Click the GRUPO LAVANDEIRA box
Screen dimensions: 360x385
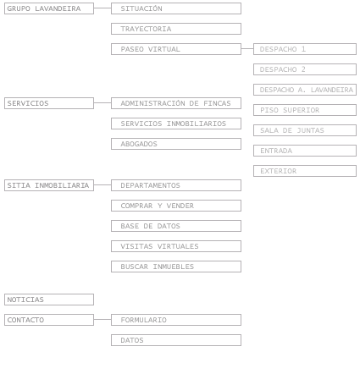[49, 8]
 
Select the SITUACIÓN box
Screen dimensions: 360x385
[176, 8]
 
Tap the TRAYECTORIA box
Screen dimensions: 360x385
[176, 29]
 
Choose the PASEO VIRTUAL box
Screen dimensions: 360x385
[176, 49]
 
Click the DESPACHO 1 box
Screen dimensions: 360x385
[305, 49]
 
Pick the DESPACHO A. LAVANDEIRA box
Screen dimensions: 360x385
[305, 90]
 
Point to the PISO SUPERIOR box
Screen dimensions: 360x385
[305, 110]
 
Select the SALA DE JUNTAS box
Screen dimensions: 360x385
[305, 130]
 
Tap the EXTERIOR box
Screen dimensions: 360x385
[305, 171]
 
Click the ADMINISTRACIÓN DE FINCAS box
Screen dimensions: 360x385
[176, 103]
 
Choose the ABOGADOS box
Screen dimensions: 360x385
[176, 144]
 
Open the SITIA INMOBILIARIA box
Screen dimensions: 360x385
[49, 185]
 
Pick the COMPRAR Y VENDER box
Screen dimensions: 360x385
[176, 206]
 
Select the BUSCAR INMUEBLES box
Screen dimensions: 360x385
[176, 267]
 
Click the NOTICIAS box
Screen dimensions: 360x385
[49, 300]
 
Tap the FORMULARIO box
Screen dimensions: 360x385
[176, 320]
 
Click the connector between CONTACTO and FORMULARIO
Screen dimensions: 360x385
[102, 320]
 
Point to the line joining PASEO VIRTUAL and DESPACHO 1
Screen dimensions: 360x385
[247, 49]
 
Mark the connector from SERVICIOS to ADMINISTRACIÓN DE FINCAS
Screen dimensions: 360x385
[102, 103]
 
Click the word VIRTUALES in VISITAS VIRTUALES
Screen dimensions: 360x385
[178, 246]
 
